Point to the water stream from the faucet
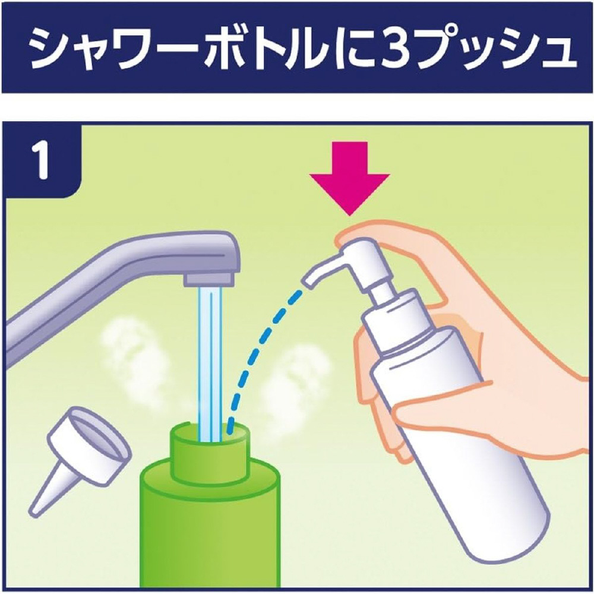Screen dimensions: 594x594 [x=210, y=364]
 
